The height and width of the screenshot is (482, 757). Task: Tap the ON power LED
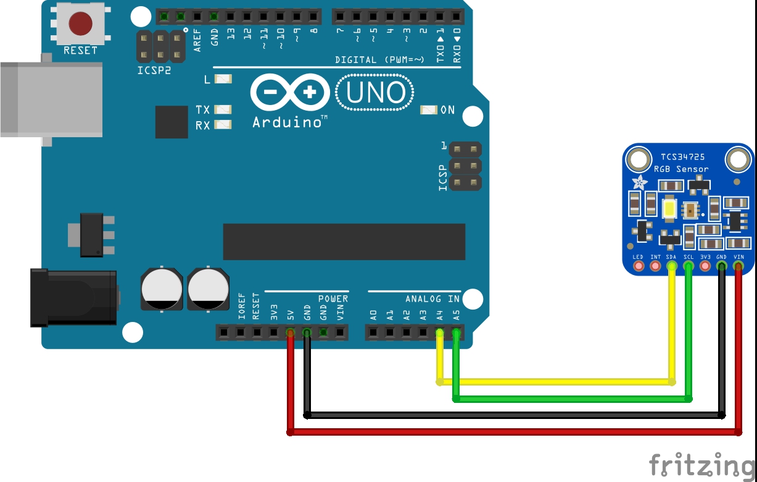tap(428, 110)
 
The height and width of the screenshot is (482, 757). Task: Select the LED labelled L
tap(223, 79)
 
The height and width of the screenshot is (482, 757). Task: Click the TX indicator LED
tap(222, 109)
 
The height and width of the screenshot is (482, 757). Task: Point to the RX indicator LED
tap(222, 125)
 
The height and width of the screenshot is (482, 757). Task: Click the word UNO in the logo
tap(376, 93)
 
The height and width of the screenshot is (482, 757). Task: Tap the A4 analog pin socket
tap(439, 333)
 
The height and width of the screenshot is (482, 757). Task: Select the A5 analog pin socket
tap(455, 333)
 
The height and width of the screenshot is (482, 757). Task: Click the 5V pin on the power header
tap(290, 333)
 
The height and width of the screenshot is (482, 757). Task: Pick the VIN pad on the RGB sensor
tap(738, 266)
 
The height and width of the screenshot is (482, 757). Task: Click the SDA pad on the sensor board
tap(672, 266)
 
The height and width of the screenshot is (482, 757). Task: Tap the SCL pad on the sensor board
tap(689, 266)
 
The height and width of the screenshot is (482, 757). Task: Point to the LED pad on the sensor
tap(639, 266)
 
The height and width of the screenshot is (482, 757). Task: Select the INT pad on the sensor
tap(655, 266)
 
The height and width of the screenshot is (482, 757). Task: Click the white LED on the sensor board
tap(670, 209)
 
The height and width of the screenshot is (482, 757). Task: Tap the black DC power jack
tap(74, 297)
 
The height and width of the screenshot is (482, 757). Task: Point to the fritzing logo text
tap(702, 465)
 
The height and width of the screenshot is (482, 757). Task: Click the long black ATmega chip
tap(344, 242)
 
